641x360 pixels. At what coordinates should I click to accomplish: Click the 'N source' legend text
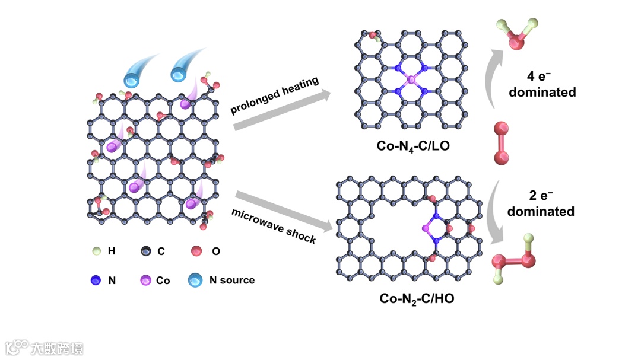pyautogui.click(x=232, y=280)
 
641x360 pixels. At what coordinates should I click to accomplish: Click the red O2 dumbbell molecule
pyautogui.click(x=502, y=142)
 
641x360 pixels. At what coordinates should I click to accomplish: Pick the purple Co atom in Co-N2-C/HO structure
pyautogui.click(x=425, y=228)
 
